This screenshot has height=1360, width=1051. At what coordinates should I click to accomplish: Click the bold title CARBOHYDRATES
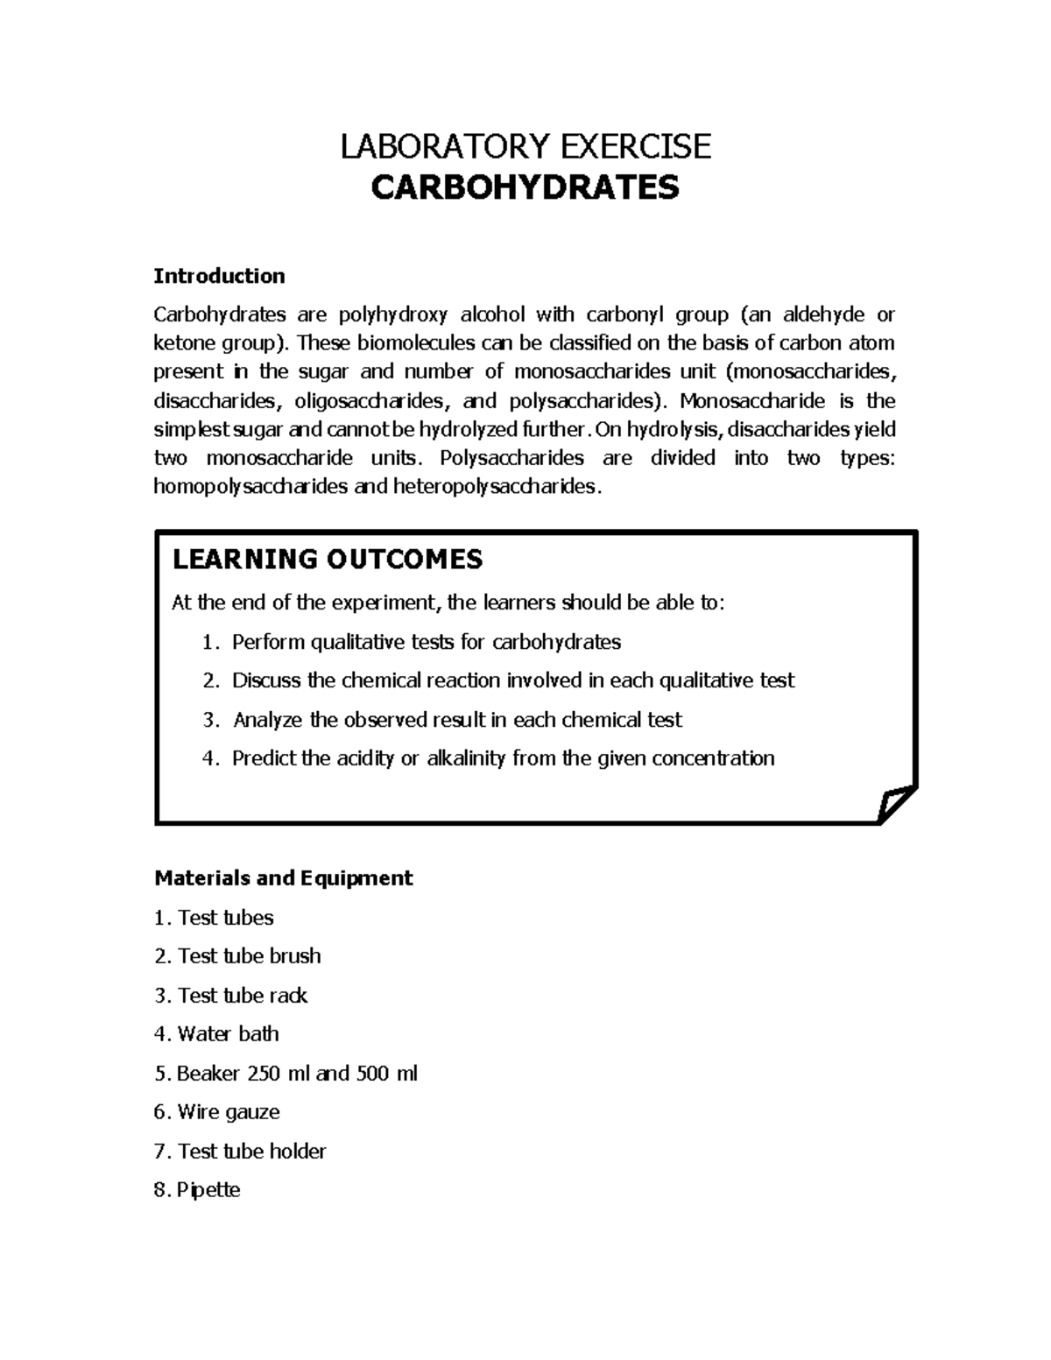tap(525, 187)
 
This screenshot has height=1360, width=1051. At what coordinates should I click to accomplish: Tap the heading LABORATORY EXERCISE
tap(525, 146)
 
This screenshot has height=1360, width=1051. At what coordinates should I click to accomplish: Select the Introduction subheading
tap(219, 276)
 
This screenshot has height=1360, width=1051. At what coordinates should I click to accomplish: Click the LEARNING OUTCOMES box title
tap(328, 560)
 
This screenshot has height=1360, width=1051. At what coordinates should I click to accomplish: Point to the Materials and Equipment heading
tap(283, 877)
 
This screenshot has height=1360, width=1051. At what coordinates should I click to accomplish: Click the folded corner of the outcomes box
tap(895, 803)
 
